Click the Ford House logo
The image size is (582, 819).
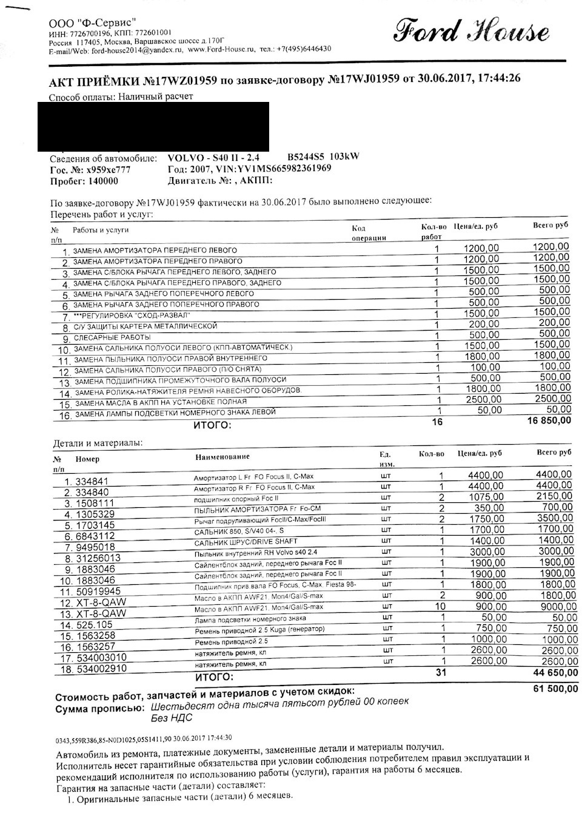click(472, 31)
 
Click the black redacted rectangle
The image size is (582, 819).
click(153, 126)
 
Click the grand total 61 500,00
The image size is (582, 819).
click(553, 689)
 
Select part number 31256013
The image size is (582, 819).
click(98, 558)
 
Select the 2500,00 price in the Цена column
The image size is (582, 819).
click(483, 399)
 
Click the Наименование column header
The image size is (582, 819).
click(221, 456)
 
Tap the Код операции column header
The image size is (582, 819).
click(369, 233)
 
